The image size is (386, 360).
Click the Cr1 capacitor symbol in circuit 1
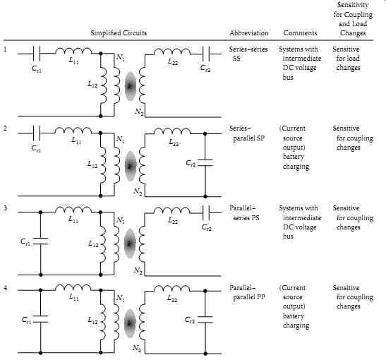(37, 54)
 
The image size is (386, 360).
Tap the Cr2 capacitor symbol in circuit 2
(205, 162)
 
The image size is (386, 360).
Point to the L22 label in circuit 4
(172, 299)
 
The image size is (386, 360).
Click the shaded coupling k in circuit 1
(131, 86)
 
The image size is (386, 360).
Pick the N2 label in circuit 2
(138, 191)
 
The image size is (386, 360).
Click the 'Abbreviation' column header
(249, 32)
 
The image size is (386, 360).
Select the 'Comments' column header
(300, 32)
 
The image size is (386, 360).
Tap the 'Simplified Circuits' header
(119, 33)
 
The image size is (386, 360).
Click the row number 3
(6, 208)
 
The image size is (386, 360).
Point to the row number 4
(6, 287)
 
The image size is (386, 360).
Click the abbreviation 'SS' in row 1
(236, 59)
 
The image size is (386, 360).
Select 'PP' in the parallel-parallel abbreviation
(261, 297)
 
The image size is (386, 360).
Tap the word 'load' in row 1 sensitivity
(354, 59)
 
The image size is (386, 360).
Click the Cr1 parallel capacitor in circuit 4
(41, 319)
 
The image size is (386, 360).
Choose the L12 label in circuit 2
(92, 164)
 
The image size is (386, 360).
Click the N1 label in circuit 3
(121, 220)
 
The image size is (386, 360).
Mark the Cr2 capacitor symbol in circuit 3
(205, 212)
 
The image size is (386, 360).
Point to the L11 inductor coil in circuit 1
(73, 51)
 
